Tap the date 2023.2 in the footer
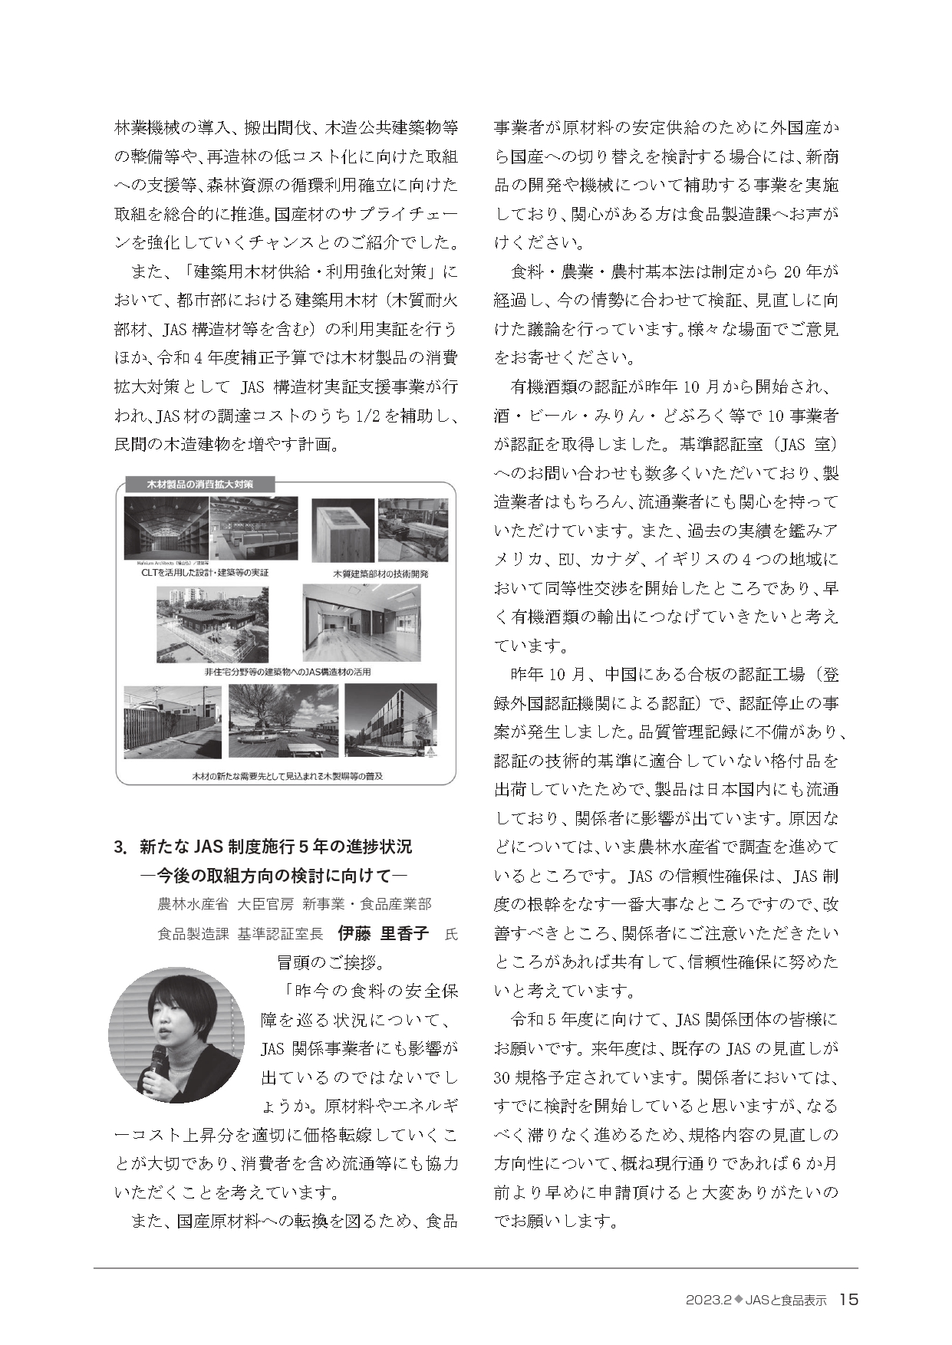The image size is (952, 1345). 708,1300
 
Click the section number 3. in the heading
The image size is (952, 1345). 120,847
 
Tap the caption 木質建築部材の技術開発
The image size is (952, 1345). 369,574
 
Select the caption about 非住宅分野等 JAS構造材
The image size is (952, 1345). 287,672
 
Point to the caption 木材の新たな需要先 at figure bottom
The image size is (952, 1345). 287,775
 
